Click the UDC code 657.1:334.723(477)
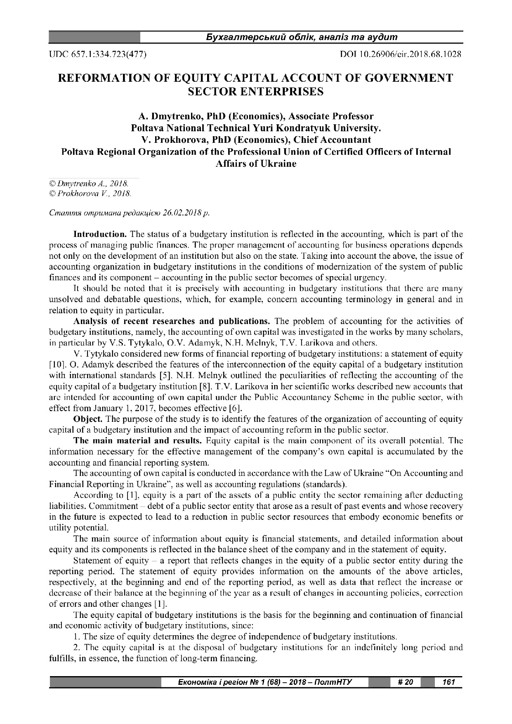(98, 54)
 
